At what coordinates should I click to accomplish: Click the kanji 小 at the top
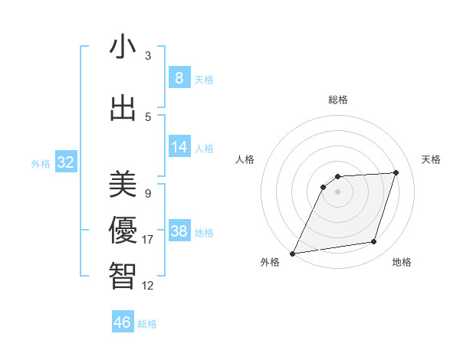tap(123, 47)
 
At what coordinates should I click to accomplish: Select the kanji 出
tap(123, 108)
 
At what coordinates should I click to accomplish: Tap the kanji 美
tap(123, 184)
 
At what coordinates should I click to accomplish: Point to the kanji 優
tap(123, 229)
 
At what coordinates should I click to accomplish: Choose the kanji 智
tap(123, 275)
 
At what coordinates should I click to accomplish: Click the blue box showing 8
tap(179, 78)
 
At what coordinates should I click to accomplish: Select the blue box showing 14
tap(179, 147)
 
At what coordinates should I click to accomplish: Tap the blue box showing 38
tap(179, 231)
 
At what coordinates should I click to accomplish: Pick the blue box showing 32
tap(65, 162)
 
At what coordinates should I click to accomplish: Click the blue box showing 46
tap(123, 322)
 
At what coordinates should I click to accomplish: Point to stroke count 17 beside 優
tap(148, 240)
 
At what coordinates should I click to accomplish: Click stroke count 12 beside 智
tap(148, 286)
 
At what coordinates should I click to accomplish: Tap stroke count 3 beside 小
tap(148, 56)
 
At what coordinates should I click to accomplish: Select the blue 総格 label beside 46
tap(147, 324)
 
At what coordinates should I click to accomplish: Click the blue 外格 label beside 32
tap(41, 164)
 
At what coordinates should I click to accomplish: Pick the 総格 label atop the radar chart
tap(337, 100)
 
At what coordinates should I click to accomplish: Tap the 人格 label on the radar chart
tap(245, 159)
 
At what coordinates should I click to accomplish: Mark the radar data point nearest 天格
tap(396, 172)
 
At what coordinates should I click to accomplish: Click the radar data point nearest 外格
tap(292, 254)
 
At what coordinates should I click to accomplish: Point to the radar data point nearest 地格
tap(374, 242)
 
